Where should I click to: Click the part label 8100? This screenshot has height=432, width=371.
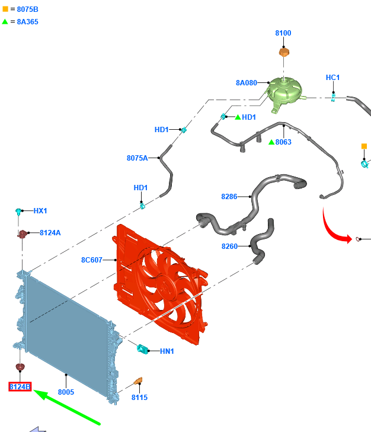click(283, 33)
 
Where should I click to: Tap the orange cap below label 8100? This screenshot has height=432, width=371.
click(284, 52)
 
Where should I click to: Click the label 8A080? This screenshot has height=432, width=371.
click(247, 83)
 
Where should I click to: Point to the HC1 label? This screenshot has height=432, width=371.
click(332, 78)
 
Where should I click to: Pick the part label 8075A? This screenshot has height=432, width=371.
click(137, 158)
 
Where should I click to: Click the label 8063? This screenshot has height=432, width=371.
click(283, 142)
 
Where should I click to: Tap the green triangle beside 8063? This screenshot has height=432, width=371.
click(271, 142)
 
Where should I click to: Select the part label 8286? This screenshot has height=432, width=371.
click(229, 197)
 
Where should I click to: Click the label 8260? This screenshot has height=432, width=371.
click(229, 247)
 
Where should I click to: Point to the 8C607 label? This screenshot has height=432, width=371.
click(92, 260)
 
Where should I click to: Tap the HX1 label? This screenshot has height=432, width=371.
click(40, 211)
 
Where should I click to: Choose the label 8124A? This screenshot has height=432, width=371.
click(50, 233)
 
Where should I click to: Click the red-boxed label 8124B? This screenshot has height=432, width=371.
click(20, 387)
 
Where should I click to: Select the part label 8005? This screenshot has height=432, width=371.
click(66, 392)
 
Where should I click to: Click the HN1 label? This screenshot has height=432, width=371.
click(167, 351)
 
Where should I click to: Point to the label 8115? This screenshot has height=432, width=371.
click(139, 398)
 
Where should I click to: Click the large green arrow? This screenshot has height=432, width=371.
click(67, 407)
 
